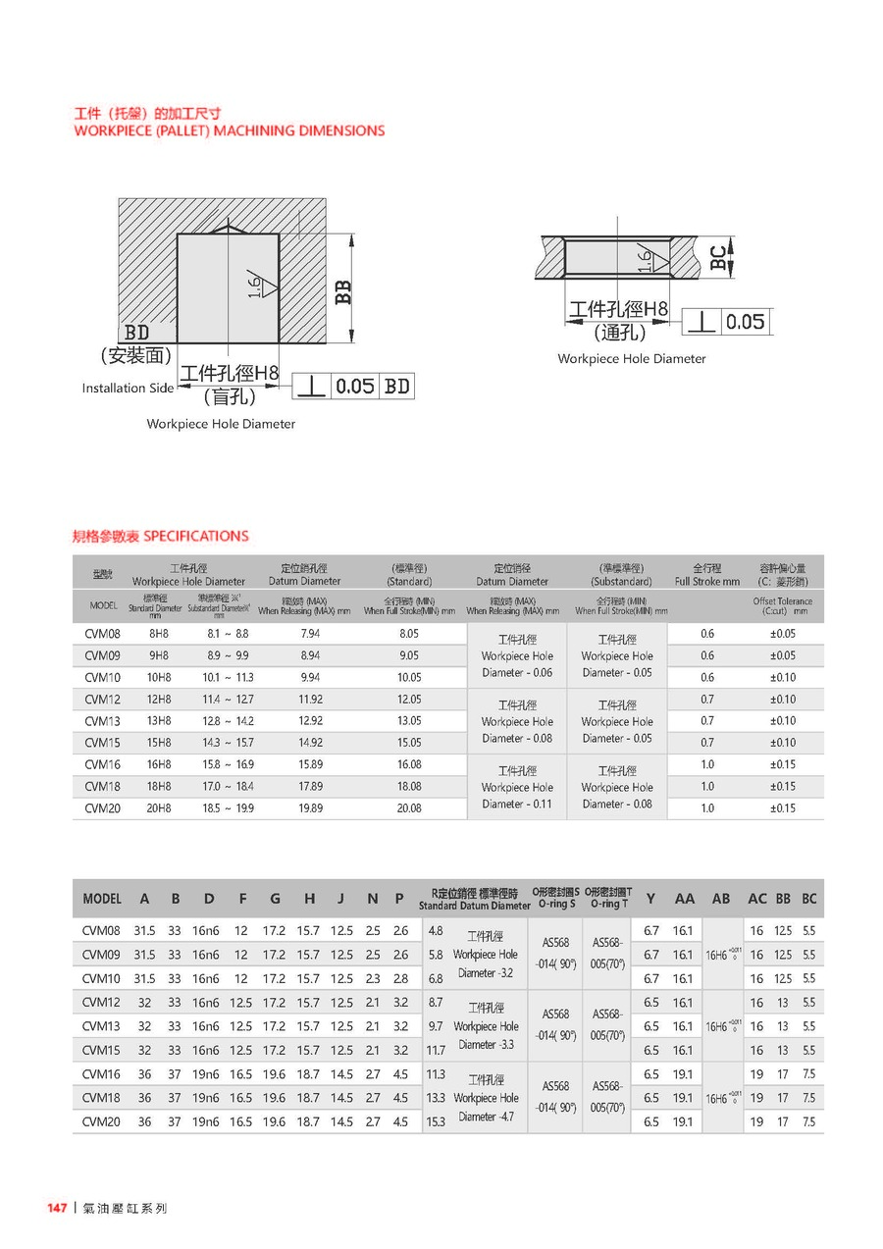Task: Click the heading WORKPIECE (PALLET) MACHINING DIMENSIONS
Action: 230,130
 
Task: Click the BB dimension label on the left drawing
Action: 342,291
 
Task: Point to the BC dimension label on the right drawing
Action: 719,257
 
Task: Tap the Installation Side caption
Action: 128,389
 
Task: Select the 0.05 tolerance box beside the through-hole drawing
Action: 746,322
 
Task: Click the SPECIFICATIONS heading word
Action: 196,536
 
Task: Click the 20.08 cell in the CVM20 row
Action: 409,808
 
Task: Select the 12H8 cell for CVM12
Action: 158,700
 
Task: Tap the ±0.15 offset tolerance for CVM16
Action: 782,764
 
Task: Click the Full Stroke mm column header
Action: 706,575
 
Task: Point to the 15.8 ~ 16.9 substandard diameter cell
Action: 227,764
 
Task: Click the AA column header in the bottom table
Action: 684,899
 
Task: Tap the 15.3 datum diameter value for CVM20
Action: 436,1121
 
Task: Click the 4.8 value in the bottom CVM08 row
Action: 437,930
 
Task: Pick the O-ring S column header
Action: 555,898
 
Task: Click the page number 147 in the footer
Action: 57,1208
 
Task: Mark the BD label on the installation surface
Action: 137,334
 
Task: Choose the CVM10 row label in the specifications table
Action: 102,678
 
